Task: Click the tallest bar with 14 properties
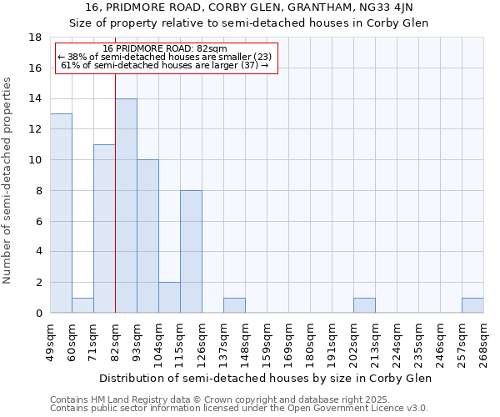(126, 206)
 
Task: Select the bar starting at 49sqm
(61, 214)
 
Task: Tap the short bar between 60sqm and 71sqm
(82, 305)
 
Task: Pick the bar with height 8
(191, 252)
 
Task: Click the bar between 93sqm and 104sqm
(147, 236)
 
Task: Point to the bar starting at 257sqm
(472, 305)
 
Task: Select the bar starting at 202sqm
(364, 305)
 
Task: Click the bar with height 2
(169, 298)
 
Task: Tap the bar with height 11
(104, 229)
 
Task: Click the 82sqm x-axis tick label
(115, 340)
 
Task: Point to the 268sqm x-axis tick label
(483, 340)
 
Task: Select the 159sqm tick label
(267, 340)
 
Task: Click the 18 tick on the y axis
(36, 38)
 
